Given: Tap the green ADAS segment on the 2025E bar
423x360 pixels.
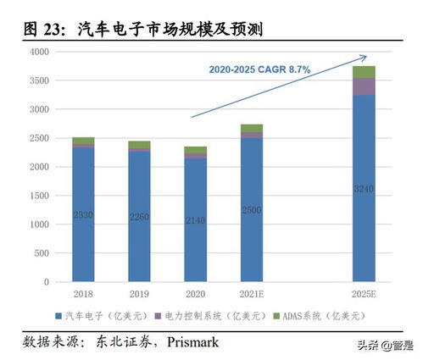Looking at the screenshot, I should [x=364, y=72].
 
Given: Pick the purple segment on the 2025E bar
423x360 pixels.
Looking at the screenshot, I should [x=364, y=86].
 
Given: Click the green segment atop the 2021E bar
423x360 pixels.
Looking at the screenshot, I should [x=251, y=128].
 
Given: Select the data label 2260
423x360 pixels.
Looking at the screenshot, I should [x=139, y=217].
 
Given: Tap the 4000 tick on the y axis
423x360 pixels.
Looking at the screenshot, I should [x=39, y=52].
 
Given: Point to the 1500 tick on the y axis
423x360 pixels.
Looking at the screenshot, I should [x=39, y=196].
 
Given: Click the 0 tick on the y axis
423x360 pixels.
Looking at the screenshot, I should [x=47, y=282].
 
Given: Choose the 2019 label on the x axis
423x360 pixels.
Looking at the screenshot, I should [x=139, y=293].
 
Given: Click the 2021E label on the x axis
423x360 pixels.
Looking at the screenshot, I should [x=251, y=293].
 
